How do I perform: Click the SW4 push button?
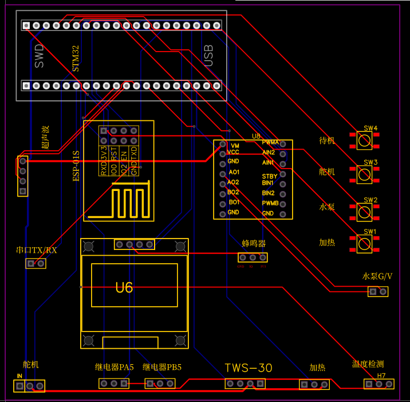point(364,139)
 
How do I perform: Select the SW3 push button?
point(364,174)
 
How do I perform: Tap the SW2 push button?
point(364,212)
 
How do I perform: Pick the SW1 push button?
point(364,244)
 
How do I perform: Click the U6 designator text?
point(124,287)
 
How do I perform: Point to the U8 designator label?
point(256,136)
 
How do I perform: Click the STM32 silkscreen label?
point(76,59)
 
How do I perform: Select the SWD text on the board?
point(39,56)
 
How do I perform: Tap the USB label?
point(208,56)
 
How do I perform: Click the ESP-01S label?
point(76,166)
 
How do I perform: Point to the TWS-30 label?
point(249,368)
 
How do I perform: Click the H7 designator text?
point(381,376)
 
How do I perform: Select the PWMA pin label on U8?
point(270,142)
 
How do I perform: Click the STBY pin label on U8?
point(269,176)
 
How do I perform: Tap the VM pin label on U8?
point(234,146)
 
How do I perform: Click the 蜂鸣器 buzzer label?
point(254,243)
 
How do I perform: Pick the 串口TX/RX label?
point(37,251)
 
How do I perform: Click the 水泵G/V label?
point(378,276)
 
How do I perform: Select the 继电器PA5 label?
point(114,367)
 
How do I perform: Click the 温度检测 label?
point(368,364)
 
